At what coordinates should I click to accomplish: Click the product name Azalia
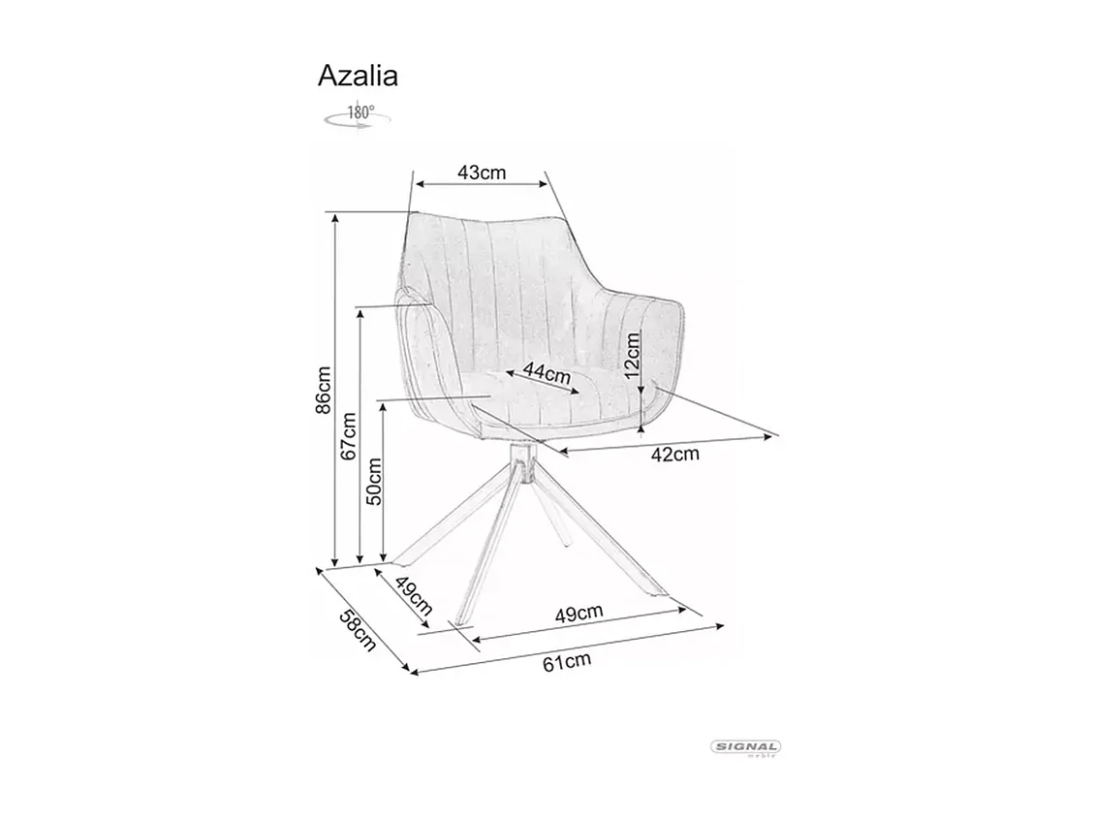[x=358, y=77]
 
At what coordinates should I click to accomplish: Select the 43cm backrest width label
[x=482, y=173]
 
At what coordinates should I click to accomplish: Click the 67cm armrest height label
[x=349, y=434]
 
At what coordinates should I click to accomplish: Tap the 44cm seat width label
[x=546, y=371]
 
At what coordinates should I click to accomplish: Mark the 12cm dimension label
[x=632, y=356]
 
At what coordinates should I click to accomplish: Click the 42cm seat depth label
[x=675, y=454]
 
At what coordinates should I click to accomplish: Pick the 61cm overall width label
[x=567, y=662]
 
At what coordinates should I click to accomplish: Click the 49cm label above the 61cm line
[x=579, y=613]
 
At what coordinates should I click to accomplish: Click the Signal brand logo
[x=746, y=747]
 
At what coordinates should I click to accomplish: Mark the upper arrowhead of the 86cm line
[x=335, y=220]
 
